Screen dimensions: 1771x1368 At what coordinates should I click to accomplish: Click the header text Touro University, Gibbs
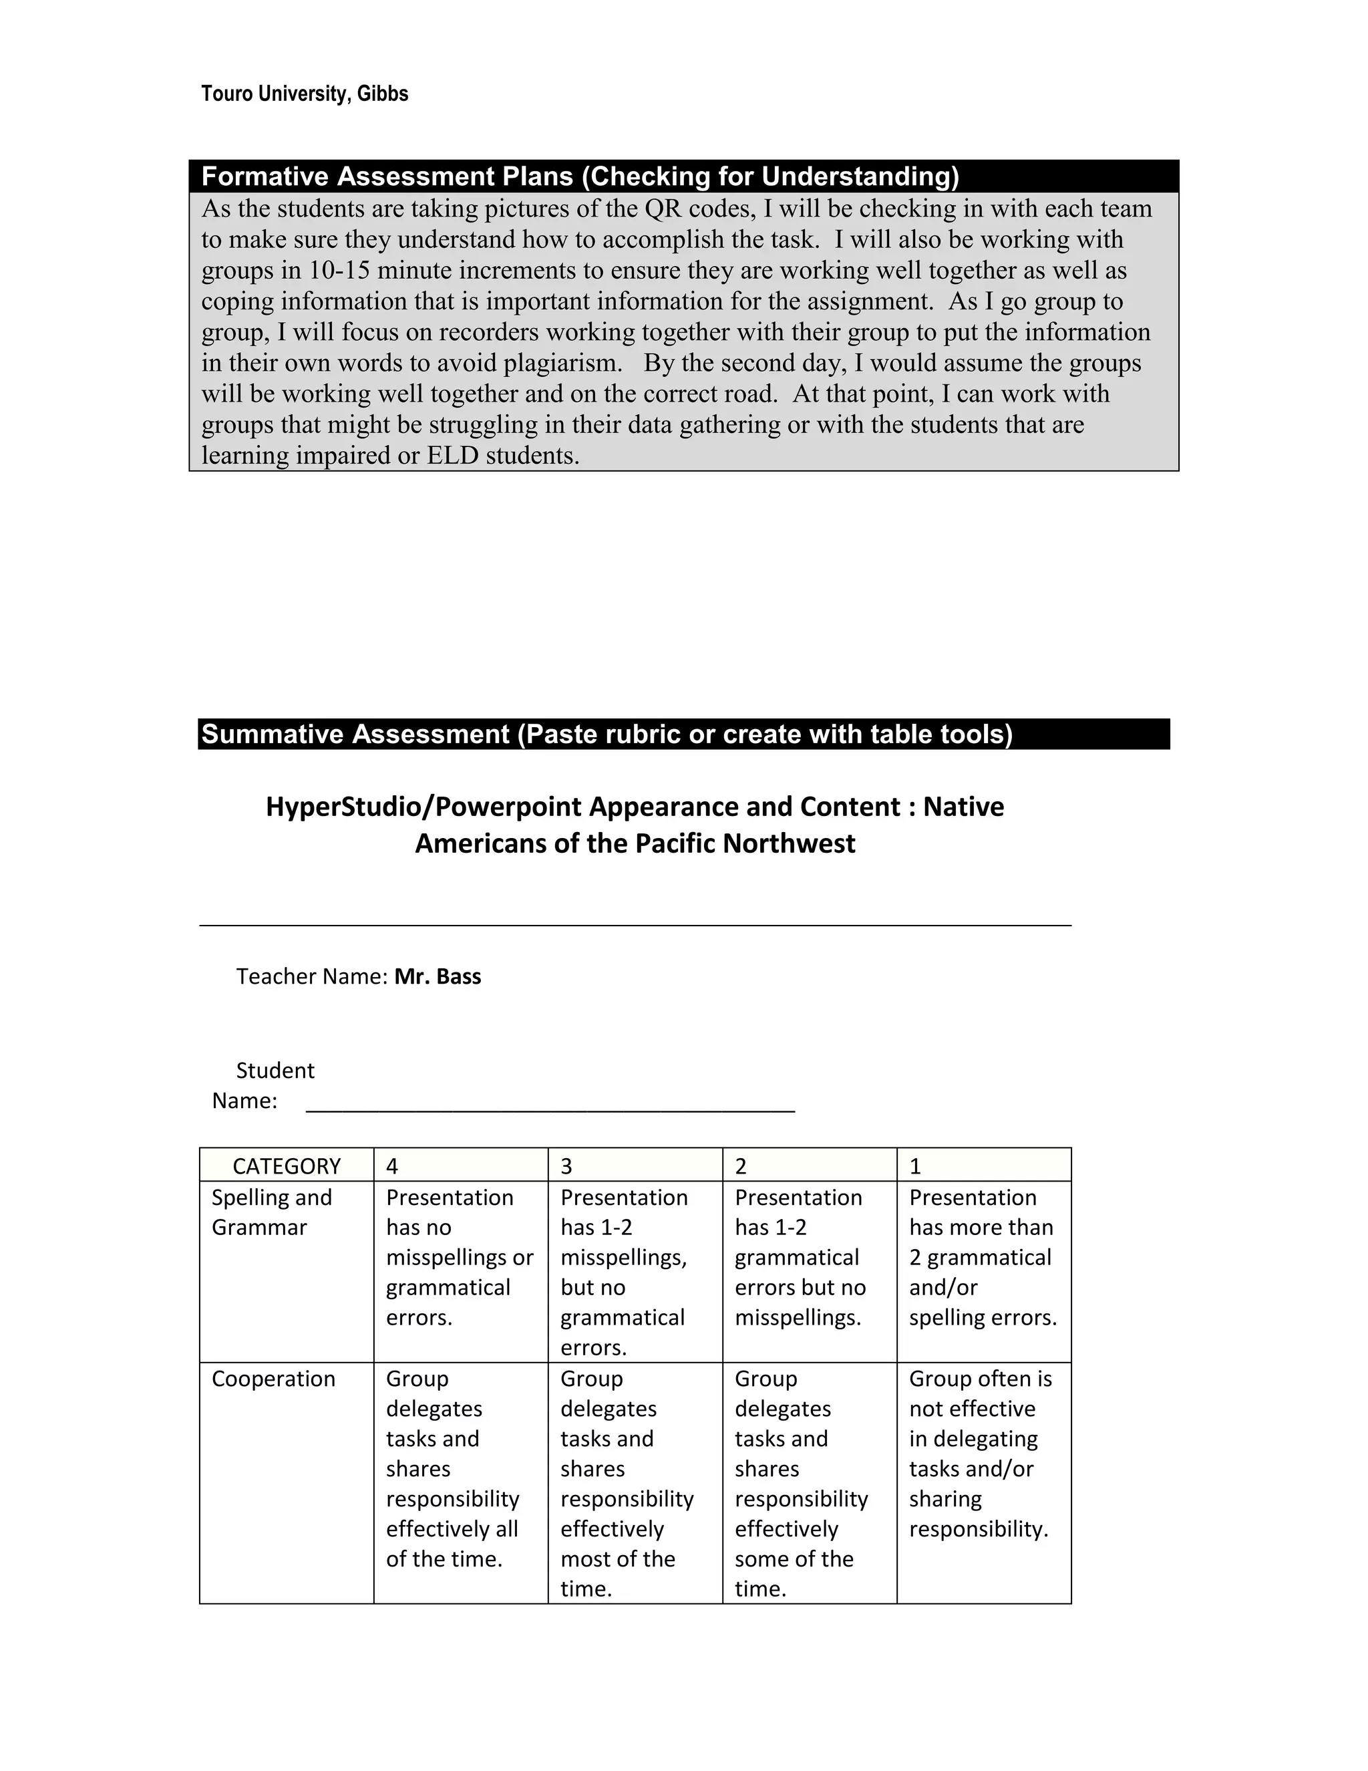(304, 94)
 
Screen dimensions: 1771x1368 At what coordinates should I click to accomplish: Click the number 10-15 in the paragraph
(339, 271)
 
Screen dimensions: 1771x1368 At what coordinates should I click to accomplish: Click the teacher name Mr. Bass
(438, 976)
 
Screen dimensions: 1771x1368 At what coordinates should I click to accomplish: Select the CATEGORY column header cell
(286, 1166)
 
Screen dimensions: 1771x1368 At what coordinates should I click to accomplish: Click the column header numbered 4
(460, 1166)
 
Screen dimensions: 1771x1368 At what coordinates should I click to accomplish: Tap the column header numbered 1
(983, 1166)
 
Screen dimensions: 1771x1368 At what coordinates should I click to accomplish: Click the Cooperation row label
(273, 1379)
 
